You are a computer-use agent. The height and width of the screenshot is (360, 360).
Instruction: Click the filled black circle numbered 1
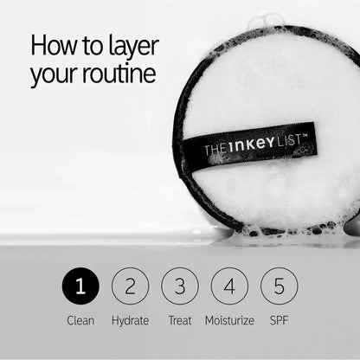coord(80,286)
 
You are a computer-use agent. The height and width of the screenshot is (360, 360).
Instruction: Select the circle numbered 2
coord(130,286)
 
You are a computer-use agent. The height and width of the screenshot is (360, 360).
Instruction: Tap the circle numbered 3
coord(179,286)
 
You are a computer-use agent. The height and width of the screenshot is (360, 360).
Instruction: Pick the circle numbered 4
coord(228,286)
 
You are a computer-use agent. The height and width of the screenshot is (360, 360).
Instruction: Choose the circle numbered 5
coord(279,286)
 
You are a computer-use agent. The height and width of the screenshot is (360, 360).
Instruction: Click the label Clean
coord(80,320)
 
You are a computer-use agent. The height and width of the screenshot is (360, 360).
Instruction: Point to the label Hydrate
coord(130,320)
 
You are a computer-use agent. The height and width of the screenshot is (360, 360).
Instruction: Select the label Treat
coord(179,320)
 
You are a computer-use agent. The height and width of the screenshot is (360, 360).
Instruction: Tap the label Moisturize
coord(229,320)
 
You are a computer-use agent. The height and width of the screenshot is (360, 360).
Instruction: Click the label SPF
coord(279,320)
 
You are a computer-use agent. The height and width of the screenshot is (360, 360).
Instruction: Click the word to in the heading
coord(90,45)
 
